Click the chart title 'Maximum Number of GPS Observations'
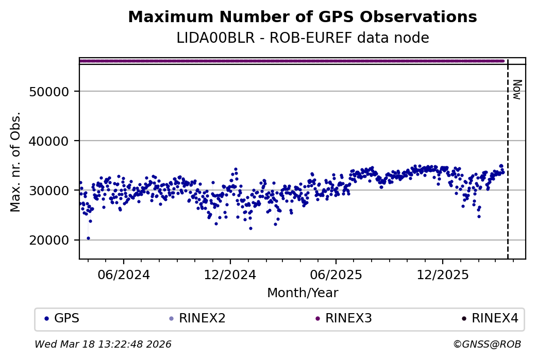(x=303, y=17)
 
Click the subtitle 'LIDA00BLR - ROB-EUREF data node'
(x=303, y=38)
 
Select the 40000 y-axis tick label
(x=51, y=141)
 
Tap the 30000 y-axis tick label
(x=51, y=191)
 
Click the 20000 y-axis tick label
(x=51, y=240)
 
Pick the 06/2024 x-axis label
(x=124, y=275)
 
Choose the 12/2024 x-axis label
(x=230, y=275)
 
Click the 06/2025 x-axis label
(x=336, y=275)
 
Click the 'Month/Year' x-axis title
(x=303, y=293)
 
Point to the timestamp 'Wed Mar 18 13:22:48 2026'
(x=103, y=344)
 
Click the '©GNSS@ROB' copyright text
(x=487, y=344)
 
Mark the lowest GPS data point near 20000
(x=88, y=238)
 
